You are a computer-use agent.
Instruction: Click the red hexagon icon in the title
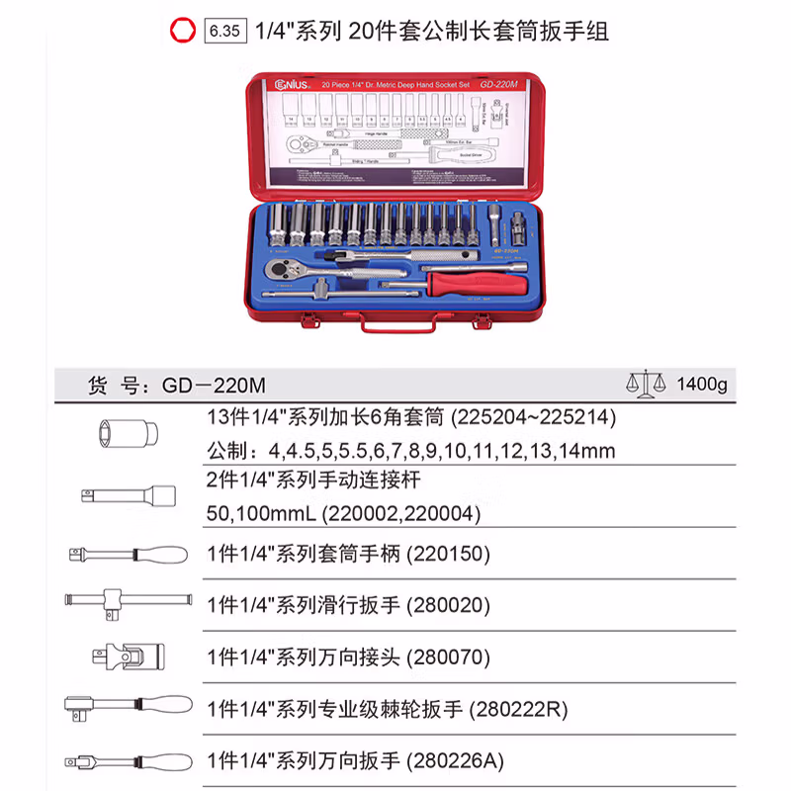click(x=180, y=31)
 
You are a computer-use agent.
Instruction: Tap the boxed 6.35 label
click(x=223, y=31)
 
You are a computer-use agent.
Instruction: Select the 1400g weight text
click(x=700, y=384)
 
